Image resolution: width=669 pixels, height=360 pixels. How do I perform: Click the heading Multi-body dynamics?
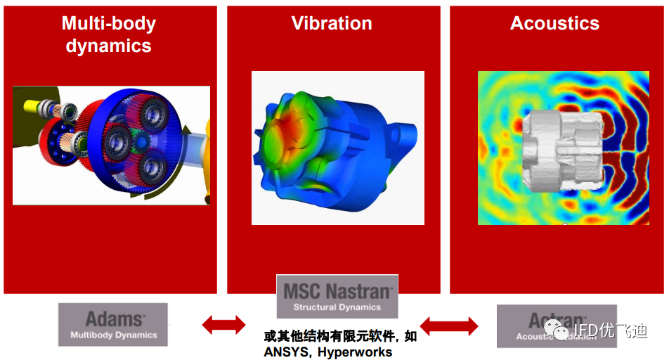point(108,34)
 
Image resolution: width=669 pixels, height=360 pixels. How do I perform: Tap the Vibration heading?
point(332,23)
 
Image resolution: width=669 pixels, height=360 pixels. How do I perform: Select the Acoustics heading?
point(554,23)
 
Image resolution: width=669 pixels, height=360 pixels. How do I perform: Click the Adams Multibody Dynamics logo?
point(113,324)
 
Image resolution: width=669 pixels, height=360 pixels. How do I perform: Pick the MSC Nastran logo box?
point(337,295)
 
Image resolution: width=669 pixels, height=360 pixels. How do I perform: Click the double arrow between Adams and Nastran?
point(223,324)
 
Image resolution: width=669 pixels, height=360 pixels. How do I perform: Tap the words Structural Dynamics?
point(337,307)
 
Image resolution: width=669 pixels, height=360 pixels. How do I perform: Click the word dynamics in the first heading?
point(108,46)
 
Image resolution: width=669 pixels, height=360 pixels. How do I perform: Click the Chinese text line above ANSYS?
point(340,336)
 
